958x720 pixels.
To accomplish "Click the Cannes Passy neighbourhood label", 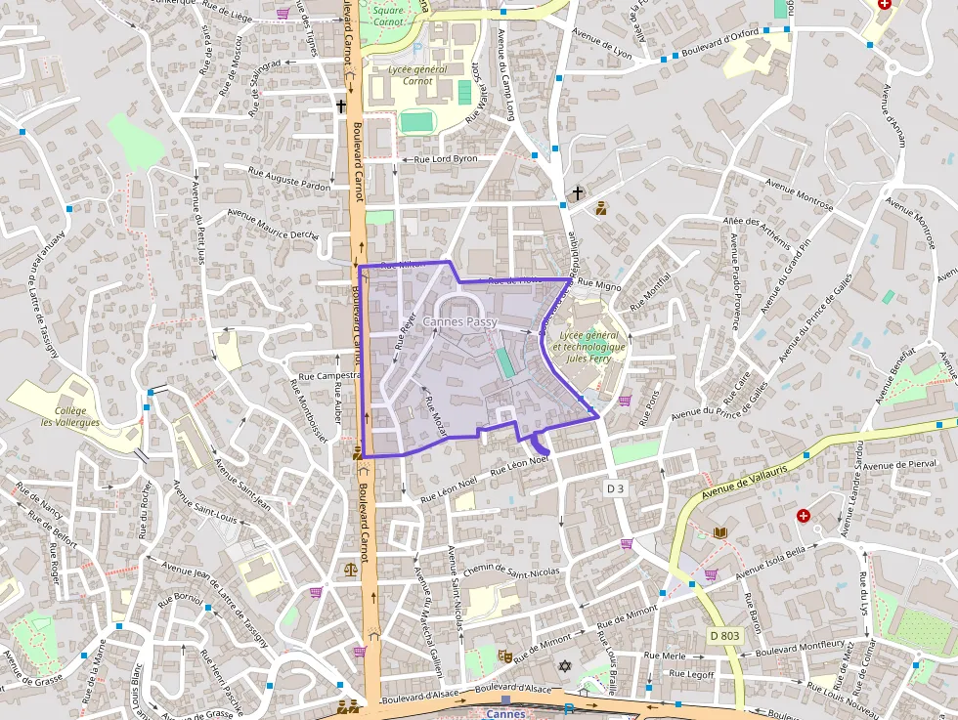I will pos(459,321).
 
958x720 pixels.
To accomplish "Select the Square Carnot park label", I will pos(389,16).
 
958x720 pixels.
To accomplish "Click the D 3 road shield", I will pos(615,487).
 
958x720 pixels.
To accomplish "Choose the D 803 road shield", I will pos(724,635).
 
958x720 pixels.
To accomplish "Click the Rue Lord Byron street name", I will pos(446,158).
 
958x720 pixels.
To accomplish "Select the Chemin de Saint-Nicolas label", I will pos(512,571).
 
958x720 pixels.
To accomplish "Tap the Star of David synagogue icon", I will pos(564,665).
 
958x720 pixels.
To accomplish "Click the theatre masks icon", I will pos(505,656).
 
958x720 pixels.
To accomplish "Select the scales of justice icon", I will pos(351,568).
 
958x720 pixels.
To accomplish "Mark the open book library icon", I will pos(720,532).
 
